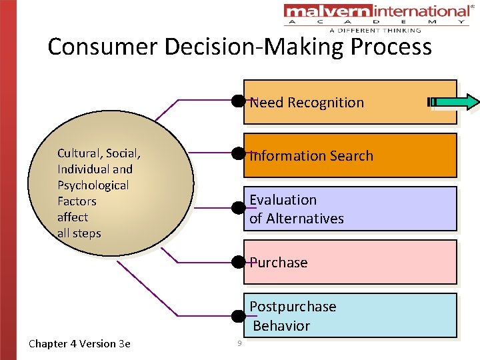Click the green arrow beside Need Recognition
pyautogui.click(x=457, y=102)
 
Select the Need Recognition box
pyautogui.click(x=349, y=103)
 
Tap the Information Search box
pyautogui.click(x=349, y=156)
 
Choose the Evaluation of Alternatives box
pyautogui.click(x=349, y=209)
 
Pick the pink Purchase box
pyautogui.click(x=349, y=263)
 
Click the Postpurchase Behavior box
pyautogui.click(x=349, y=316)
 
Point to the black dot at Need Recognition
pyautogui.click(x=238, y=101)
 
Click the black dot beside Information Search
pyautogui.click(x=238, y=154)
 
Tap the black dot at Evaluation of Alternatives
pyautogui.click(x=238, y=207)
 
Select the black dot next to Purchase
pyautogui.click(x=238, y=261)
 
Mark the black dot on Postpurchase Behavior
pyautogui.click(x=238, y=315)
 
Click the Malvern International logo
pyautogui.click(x=377, y=12)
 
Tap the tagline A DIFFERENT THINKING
pyautogui.click(x=375, y=30)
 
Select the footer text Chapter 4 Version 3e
pyautogui.click(x=79, y=344)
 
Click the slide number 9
pyautogui.click(x=238, y=343)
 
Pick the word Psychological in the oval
pyautogui.click(x=93, y=185)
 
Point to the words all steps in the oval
pyautogui.click(x=79, y=233)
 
